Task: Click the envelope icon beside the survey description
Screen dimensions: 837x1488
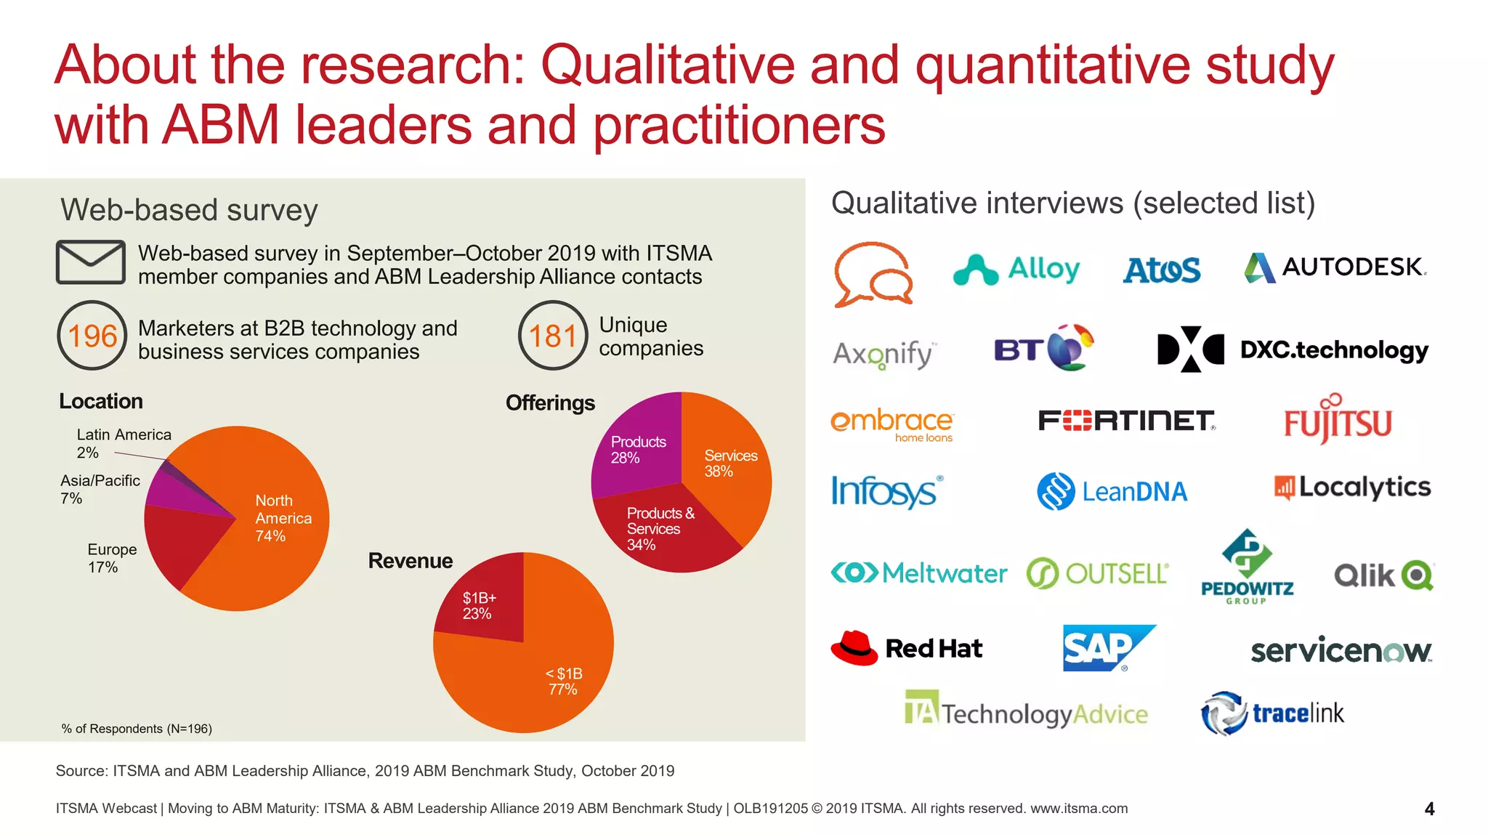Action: [x=91, y=262]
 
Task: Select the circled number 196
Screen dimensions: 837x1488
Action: [x=92, y=336]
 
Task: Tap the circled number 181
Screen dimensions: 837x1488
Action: [x=553, y=336]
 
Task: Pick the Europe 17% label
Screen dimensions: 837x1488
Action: [x=111, y=558]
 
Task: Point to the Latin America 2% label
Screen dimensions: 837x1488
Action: [x=124, y=443]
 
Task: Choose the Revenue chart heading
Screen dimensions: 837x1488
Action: [x=410, y=561]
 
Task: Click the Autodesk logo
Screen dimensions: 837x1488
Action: [x=1335, y=267]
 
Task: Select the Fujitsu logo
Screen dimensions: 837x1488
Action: [x=1338, y=420]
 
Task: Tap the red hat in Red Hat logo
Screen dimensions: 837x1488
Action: [x=854, y=647]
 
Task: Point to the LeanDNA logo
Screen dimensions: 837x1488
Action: [x=1112, y=491]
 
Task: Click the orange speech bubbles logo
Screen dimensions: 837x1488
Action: [x=873, y=275]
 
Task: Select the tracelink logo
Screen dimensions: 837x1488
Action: [x=1272, y=713]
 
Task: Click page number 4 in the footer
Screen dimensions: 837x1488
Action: [x=1429, y=809]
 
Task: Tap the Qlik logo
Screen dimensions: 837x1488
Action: [x=1383, y=575]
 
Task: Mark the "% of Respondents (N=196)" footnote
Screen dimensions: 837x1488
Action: [x=137, y=729]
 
